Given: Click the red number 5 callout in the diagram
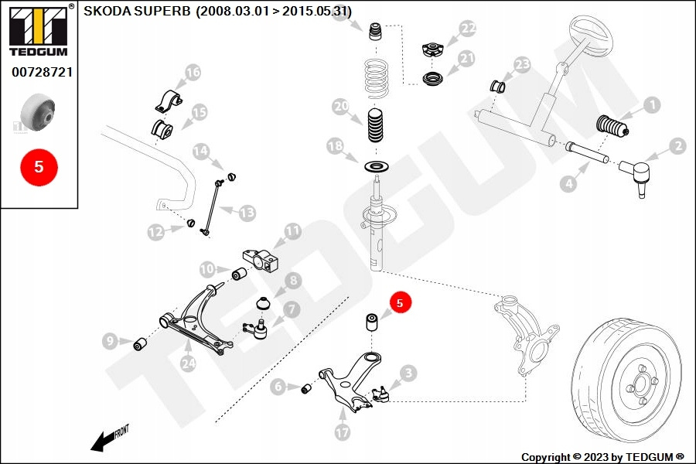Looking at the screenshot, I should [x=400, y=303].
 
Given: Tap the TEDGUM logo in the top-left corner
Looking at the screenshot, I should [x=38, y=32].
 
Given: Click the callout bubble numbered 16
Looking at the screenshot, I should [x=193, y=73].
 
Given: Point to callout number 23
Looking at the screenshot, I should [x=523, y=64].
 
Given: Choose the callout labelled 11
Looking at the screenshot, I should [x=292, y=230].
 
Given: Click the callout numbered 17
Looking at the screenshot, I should [x=343, y=433].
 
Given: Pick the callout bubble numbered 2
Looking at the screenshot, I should [x=677, y=145].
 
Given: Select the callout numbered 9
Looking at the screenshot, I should [x=110, y=340].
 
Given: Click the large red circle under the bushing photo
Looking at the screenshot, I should [x=39, y=165].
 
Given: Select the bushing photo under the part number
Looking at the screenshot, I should [x=39, y=113].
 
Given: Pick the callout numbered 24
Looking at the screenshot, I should [x=188, y=363].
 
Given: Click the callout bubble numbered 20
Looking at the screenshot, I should [x=341, y=107].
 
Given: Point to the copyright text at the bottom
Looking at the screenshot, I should [x=602, y=457].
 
